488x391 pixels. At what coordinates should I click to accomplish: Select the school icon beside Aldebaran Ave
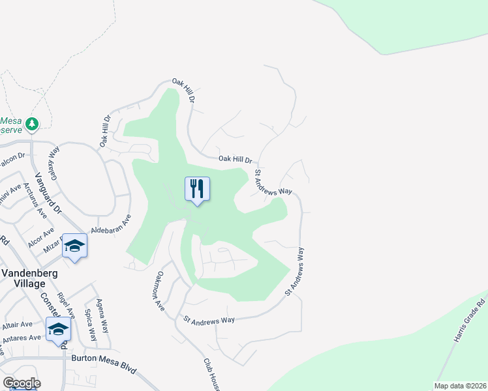[x=75, y=246]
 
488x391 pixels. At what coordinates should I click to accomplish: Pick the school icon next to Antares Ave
[x=58, y=330]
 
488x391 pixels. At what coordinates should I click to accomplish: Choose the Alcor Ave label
[x=40, y=240]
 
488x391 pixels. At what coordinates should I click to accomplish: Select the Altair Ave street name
[x=17, y=324]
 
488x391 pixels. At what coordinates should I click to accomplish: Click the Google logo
[x=22, y=383]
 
